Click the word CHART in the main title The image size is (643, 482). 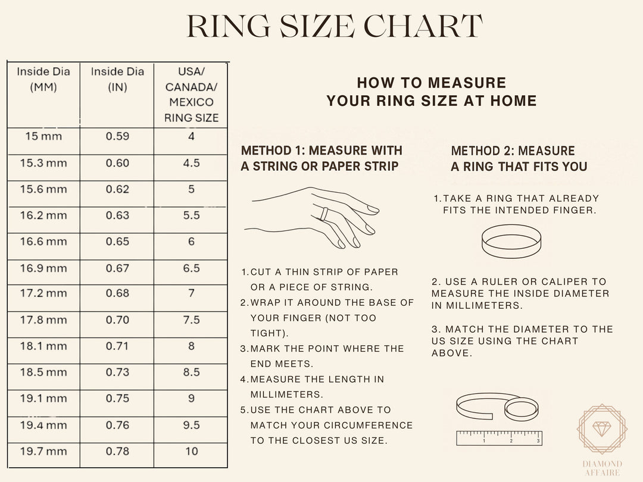pos(423,27)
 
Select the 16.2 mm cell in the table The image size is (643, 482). pos(43,215)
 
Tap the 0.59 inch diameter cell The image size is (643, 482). pos(117,136)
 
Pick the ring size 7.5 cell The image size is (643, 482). pos(191,320)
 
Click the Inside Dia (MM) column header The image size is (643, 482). pos(43,79)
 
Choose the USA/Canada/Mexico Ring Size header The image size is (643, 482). pos(191,95)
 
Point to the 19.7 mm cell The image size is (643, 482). pos(43,451)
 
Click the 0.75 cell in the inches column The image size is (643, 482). pos(117,399)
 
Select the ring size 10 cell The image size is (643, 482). pos(191,451)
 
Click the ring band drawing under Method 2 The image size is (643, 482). pos(511,241)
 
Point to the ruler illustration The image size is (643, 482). pos(499,438)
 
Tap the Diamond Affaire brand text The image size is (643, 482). pos(602,468)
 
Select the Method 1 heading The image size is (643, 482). pos(321,158)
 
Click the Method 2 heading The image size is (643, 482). pos(519,159)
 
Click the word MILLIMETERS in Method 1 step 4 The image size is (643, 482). pos(287,395)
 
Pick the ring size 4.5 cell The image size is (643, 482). pos(191,163)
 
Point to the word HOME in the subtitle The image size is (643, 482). pos(513,101)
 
